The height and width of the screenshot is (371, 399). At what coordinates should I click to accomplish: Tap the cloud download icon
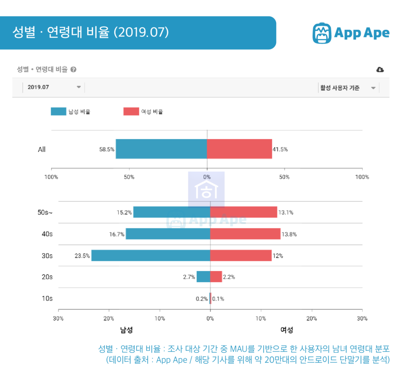[380, 69]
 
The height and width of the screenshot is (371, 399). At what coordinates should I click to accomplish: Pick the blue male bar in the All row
[161, 149]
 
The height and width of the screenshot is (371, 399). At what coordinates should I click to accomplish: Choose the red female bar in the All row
[239, 149]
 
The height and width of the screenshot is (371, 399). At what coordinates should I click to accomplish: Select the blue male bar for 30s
[150, 255]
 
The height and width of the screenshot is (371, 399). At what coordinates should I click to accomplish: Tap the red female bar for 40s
[245, 234]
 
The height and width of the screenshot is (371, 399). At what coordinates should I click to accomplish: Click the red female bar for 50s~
[244, 212]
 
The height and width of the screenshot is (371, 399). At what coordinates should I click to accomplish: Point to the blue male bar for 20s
[203, 277]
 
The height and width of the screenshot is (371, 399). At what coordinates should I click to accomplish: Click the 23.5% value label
[82, 256]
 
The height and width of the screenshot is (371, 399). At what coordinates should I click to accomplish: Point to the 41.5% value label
[280, 149]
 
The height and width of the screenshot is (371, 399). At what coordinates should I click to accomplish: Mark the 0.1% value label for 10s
[218, 299]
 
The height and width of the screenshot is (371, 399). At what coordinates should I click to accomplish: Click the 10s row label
[47, 298]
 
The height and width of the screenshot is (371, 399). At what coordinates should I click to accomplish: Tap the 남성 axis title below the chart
[127, 330]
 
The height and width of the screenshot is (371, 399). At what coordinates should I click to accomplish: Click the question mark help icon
[73, 69]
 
